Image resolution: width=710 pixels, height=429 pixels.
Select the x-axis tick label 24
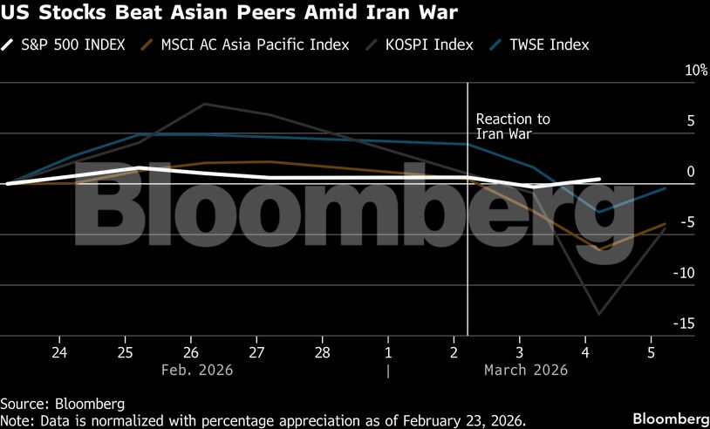59,352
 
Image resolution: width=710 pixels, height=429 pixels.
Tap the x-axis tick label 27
256,352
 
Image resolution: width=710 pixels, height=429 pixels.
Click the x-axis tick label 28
322,352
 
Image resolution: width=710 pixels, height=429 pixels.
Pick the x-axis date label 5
650,352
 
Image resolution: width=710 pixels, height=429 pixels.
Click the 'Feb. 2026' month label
197,370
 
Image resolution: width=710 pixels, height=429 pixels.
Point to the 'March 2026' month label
525,370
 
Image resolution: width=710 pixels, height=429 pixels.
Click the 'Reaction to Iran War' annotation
513,126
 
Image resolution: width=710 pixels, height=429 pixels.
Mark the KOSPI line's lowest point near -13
599,314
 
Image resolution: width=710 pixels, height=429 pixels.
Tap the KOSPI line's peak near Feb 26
204,105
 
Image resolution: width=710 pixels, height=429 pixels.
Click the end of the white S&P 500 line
599,179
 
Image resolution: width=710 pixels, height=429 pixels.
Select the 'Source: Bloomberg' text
62,404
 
